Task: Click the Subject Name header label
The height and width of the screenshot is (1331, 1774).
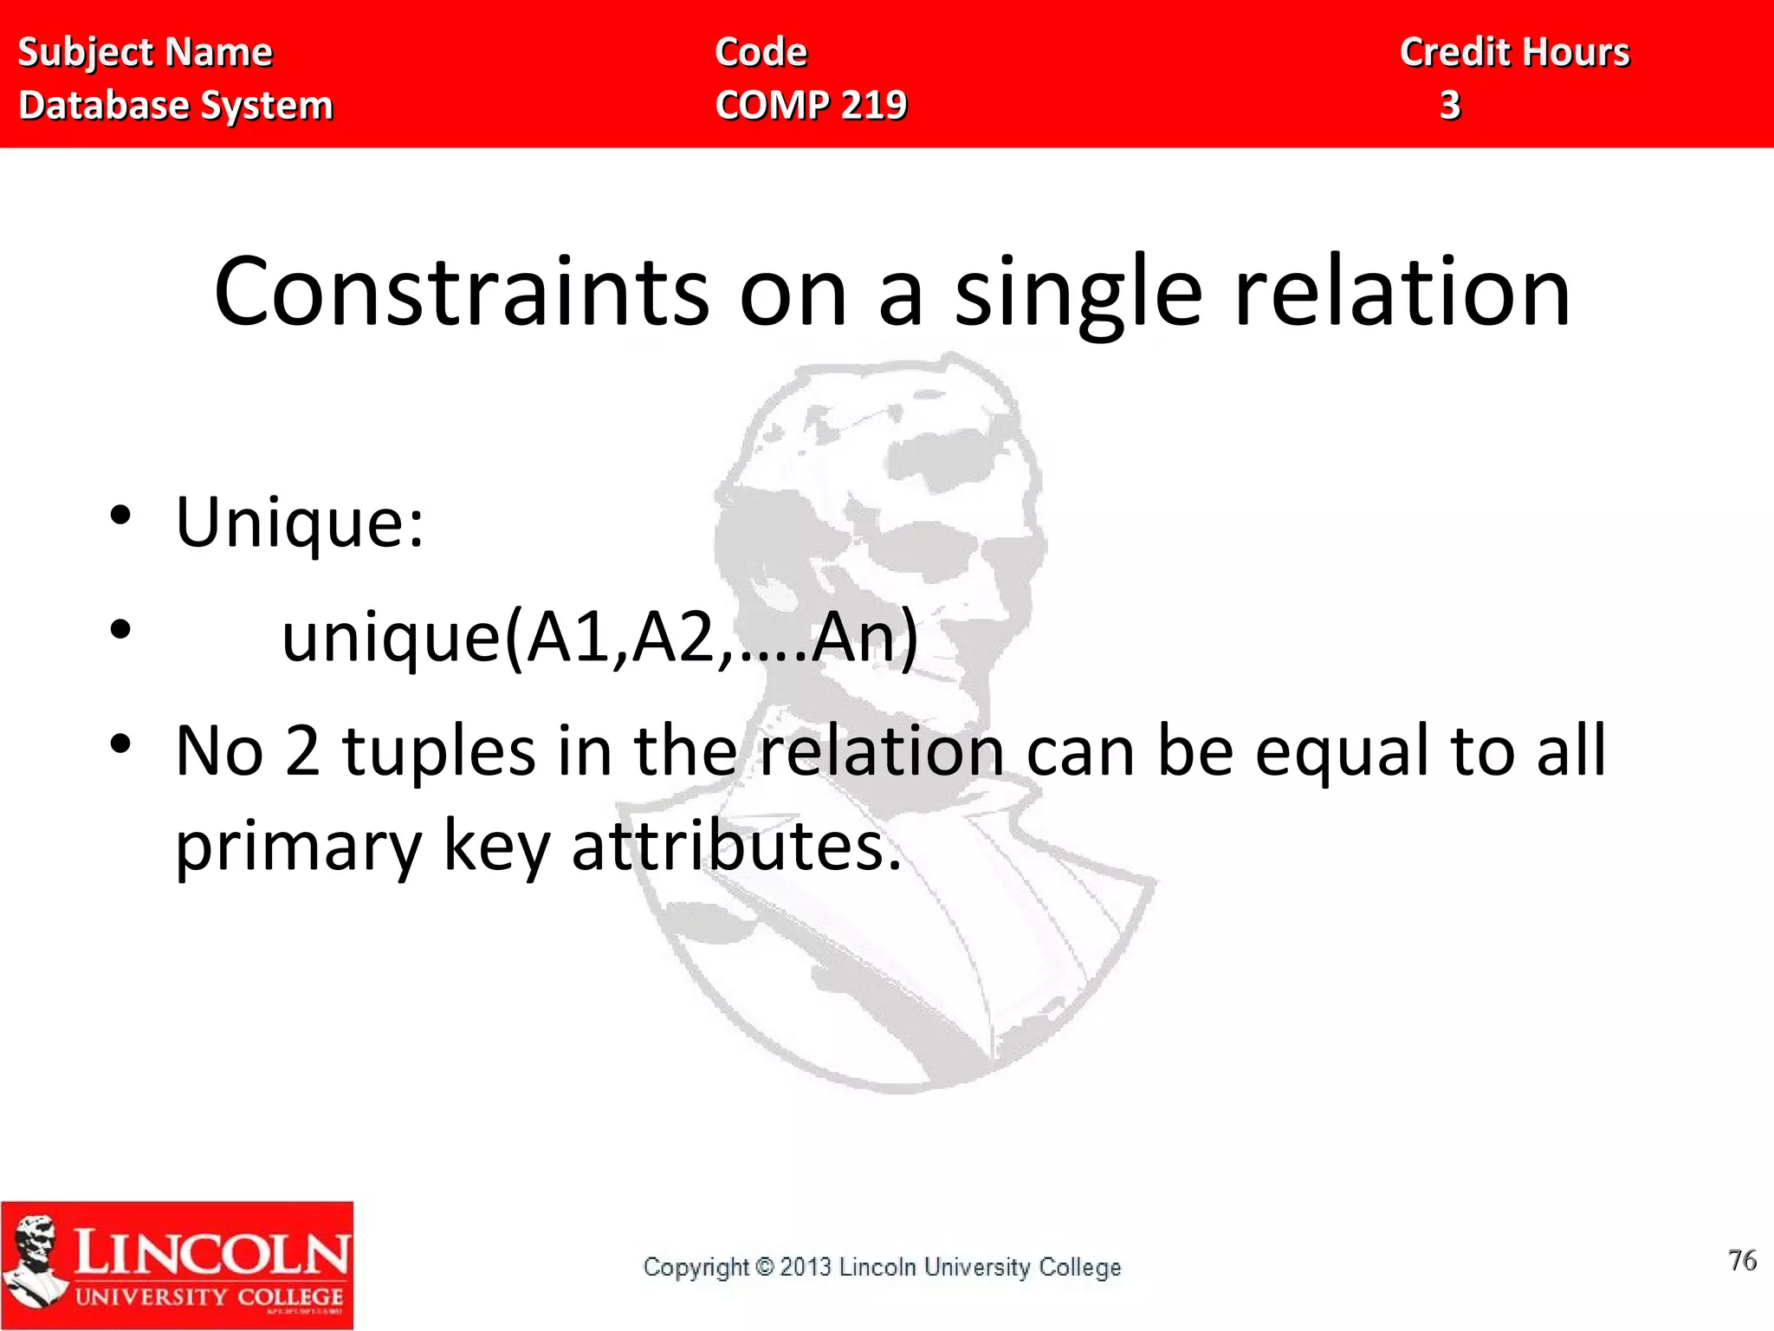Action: tap(146, 53)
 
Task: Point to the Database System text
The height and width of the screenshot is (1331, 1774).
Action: tap(176, 106)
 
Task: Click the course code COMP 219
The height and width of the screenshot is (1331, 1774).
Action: tap(811, 106)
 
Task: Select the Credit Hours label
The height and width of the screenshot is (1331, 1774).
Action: tap(1515, 53)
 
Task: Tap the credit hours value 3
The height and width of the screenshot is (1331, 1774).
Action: tap(1450, 106)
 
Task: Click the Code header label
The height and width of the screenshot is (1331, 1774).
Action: tap(761, 53)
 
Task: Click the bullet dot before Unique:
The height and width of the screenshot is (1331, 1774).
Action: tap(120, 516)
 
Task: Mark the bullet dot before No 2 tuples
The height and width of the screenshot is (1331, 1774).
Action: tap(120, 743)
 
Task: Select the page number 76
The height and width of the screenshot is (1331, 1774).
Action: tap(1742, 1260)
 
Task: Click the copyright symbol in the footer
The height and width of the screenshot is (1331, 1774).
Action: tap(764, 1267)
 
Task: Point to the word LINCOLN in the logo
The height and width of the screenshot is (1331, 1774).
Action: tap(211, 1253)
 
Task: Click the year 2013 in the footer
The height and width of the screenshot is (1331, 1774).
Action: tap(806, 1267)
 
